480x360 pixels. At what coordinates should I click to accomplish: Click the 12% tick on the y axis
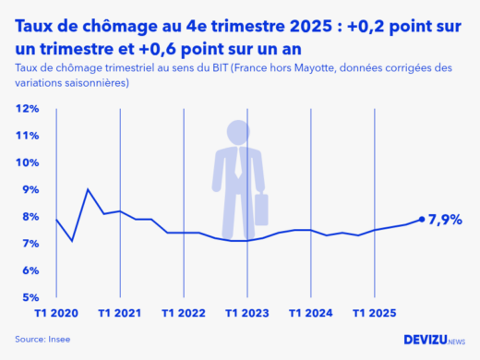28,109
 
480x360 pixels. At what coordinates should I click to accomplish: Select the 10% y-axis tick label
28,163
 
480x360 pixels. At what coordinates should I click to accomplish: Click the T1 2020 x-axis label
56,313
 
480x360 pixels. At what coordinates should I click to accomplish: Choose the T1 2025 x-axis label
373,313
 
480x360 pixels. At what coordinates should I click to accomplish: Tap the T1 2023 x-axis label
246,313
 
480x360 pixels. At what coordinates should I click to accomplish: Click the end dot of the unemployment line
421,220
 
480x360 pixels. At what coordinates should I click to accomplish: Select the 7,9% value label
447,220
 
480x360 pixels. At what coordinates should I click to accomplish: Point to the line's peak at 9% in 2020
88,189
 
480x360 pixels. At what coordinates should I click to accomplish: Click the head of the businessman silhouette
238,130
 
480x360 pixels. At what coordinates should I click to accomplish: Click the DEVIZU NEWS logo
435,340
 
